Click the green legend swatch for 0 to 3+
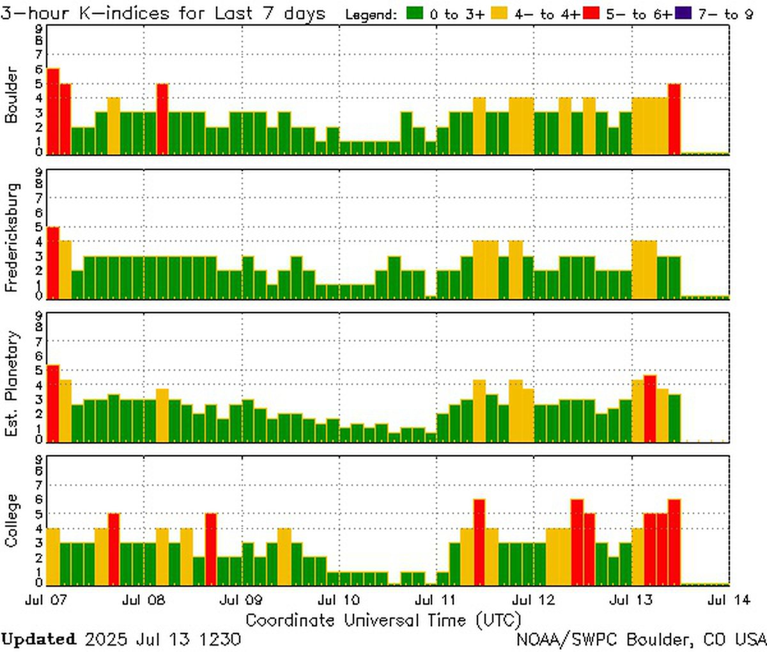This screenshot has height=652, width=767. point(417,13)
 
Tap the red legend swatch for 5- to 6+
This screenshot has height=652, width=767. point(591,13)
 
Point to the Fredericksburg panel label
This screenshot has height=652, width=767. point(11,237)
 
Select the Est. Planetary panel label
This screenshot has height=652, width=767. point(11,384)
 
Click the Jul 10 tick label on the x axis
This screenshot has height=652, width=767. point(339,600)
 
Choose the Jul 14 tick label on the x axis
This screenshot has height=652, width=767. point(729,600)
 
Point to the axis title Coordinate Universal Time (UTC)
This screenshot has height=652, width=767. point(383,619)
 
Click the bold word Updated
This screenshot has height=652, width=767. point(38,639)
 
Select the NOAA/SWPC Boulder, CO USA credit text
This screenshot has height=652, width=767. point(641,639)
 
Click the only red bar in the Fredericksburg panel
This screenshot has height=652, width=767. point(53,263)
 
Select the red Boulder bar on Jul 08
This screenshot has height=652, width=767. point(162,119)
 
